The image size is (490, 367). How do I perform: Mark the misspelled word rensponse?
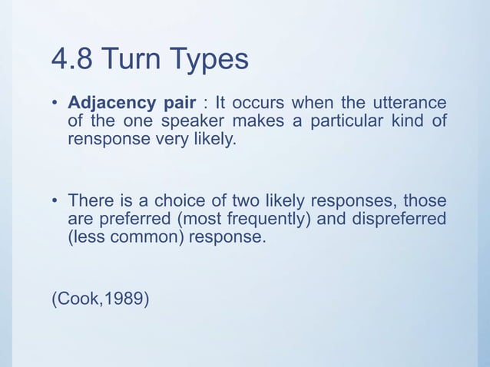104,140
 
